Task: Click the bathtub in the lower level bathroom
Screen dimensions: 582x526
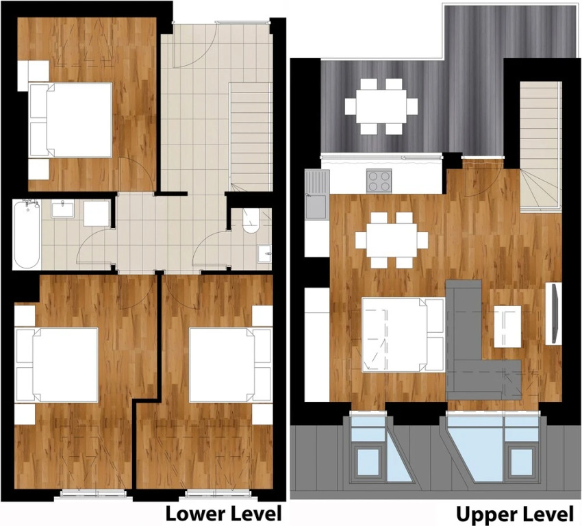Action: coord(26,234)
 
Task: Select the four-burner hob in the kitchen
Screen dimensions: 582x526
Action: coord(379,181)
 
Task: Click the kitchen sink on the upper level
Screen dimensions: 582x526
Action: coord(317,194)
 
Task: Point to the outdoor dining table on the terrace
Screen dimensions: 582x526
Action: coord(381,106)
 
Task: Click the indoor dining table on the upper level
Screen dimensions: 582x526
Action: coord(392,240)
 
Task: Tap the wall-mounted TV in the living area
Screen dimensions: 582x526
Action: coord(554,313)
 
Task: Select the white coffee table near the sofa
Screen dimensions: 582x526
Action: coord(507,327)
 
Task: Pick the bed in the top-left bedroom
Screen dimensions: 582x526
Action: coord(71,120)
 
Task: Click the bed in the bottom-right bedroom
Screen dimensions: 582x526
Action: coord(231,365)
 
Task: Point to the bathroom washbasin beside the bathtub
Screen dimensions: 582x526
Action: coord(62,209)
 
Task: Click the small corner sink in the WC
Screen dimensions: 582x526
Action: coord(265,253)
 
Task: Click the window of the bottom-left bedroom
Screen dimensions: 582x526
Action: coord(93,493)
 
